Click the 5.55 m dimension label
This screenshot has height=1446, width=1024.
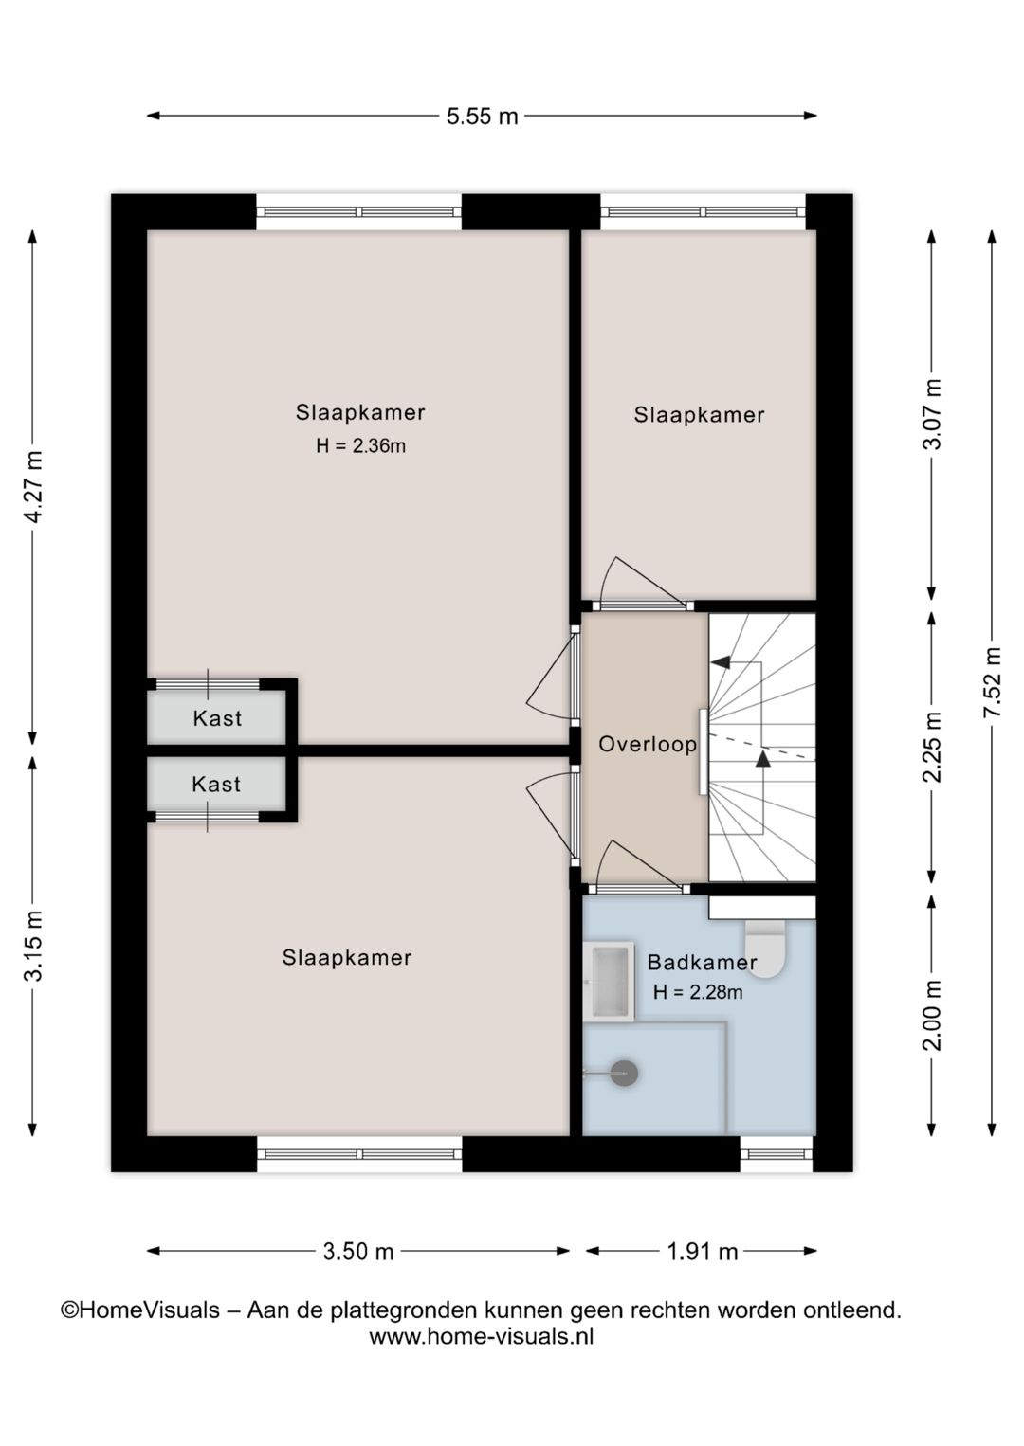point(482,117)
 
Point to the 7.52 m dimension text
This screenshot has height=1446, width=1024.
point(992,681)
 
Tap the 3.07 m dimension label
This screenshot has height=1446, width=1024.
point(932,413)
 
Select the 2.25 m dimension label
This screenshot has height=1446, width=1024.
point(932,747)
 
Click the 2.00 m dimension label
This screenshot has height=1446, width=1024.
point(932,1016)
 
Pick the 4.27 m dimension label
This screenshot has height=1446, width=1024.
point(32,486)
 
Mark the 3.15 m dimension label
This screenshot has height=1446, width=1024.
point(32,946)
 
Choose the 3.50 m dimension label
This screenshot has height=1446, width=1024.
point(357,1252)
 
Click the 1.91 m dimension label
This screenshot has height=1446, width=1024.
point(702,1252)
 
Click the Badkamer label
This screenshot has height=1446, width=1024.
point(702,963)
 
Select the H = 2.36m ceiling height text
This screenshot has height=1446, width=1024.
point(360,445)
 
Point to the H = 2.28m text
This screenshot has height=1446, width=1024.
point(698,991)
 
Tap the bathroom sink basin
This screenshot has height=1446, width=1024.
point(609,981)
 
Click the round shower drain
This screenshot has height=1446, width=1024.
point(624,1091)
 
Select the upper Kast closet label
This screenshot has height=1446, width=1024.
point(217,718)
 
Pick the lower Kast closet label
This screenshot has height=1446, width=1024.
point(216,785)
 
